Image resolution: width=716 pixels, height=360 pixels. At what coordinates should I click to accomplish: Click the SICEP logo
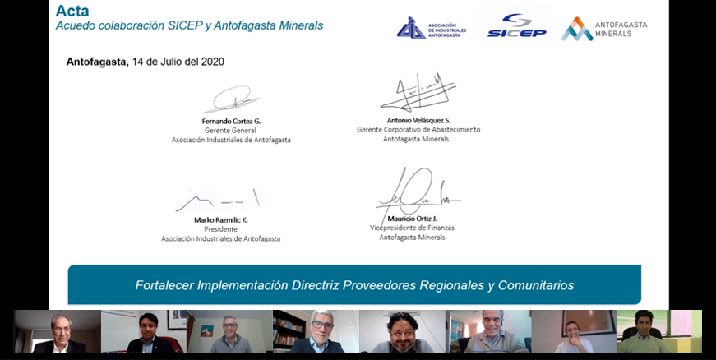[516, 25]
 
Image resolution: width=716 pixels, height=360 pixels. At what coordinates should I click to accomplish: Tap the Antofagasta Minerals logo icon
[577, 30]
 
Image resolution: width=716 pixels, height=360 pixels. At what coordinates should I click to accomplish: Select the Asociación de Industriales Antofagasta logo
[431, 28]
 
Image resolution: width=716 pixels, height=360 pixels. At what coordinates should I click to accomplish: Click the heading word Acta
[72, 11]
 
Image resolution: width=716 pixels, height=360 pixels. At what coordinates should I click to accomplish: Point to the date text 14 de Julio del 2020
[178, 62]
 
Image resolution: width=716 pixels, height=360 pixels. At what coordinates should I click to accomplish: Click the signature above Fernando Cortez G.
[231, 99]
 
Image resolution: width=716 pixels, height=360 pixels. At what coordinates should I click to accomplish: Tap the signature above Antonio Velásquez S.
[418, 92]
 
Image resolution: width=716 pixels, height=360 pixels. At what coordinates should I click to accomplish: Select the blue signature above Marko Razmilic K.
[218, 201]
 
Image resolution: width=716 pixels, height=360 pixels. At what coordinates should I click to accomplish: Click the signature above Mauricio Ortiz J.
[418, 195]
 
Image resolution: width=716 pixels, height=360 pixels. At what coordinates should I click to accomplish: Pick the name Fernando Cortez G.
[232, 122]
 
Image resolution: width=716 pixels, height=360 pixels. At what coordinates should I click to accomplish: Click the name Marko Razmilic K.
[221, 220]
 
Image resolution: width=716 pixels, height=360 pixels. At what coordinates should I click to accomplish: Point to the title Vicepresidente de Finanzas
[412, 228]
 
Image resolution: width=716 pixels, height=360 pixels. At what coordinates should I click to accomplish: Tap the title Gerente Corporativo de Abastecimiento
[418, 130]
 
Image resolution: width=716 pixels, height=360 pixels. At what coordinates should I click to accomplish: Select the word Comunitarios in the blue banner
[536, 285]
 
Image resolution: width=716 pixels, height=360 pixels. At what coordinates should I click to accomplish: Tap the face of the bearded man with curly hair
[402, 328]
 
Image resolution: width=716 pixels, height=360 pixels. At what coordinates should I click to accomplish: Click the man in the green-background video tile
[644, 334]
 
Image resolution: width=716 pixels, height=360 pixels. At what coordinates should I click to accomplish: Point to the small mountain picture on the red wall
[207, 330]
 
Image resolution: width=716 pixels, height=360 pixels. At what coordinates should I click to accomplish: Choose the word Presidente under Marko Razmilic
[220, 229]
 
